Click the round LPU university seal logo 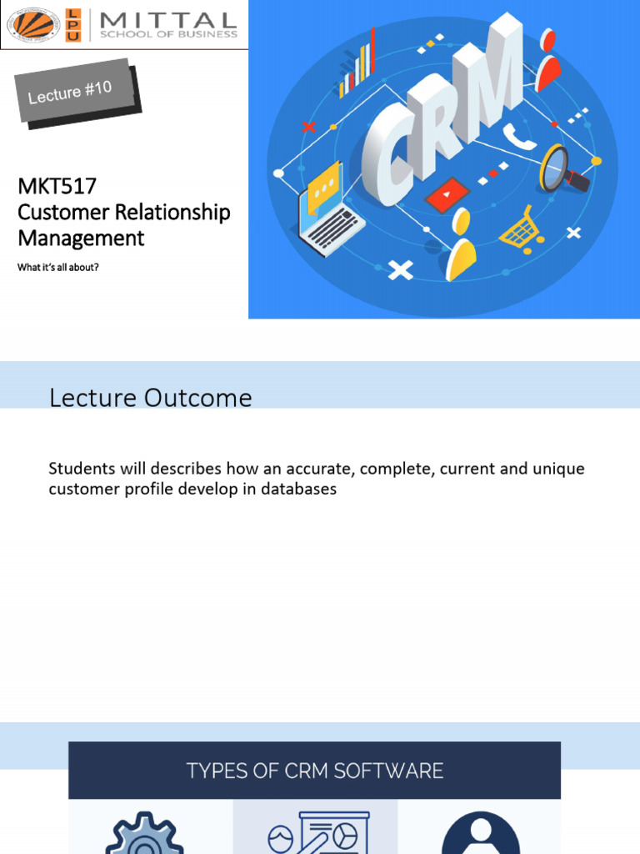pos(33,24)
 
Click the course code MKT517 pos(57,186)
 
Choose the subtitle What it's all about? pos(58,267)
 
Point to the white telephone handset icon pos(518,136)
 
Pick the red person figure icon pos(547,60)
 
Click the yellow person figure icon pos(461,244)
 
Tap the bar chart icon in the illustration pos(357,64)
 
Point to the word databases pos(299,489)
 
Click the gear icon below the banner pos(144,833)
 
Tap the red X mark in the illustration pos(308,128)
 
